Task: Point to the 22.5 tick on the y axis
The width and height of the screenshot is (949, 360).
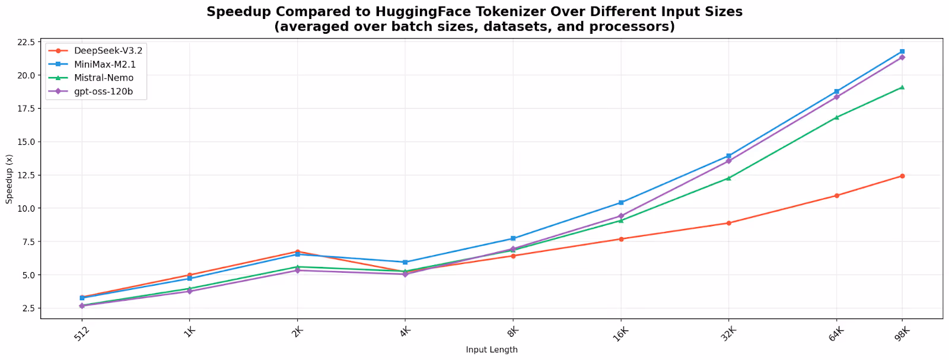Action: (27, 42)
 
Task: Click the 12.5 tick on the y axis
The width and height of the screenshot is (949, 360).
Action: (27, 175)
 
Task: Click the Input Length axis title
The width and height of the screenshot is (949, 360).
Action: (492, 350)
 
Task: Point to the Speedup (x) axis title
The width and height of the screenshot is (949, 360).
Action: (9, 179)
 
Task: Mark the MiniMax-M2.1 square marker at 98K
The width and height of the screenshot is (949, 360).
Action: (902, 52)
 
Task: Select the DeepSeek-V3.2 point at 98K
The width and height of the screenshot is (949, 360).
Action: (902, 176)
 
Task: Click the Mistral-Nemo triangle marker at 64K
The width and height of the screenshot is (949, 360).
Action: (836, 117)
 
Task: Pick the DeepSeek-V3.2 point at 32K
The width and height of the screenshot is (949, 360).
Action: (728, 223)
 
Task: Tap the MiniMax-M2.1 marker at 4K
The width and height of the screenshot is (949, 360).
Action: (405, 262)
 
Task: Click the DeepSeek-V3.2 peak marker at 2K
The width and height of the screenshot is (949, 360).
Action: (298, 251)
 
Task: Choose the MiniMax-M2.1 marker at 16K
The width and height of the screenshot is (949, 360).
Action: (621, 203)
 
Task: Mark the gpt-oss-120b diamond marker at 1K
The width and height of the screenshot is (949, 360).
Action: (190, 291)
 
